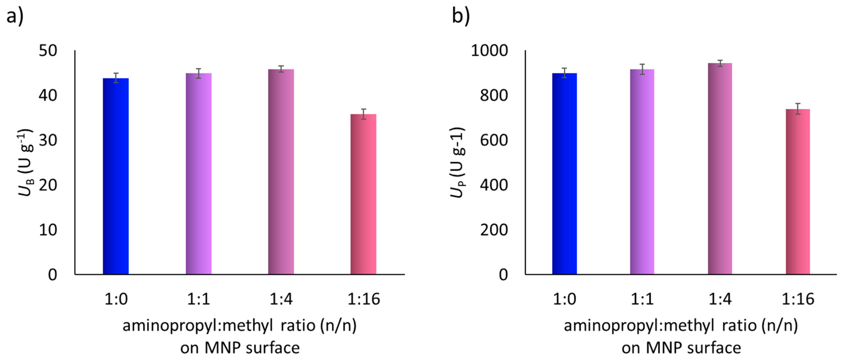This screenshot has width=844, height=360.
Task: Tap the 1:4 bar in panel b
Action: pos(720,168)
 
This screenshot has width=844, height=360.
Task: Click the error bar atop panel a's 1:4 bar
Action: pos(281,69)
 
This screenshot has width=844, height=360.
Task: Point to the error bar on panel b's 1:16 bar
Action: pos(798,109)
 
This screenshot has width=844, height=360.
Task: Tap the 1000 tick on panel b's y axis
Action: pos(489,51)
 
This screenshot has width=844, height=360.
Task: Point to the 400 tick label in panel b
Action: pos(494,185)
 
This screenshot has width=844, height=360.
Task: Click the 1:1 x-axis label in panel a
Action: pos(199,299)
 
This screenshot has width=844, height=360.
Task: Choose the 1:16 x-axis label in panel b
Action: pos(798,299)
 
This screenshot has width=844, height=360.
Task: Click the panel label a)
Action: pos(15,16)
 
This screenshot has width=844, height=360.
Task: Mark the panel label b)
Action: pos(461,16)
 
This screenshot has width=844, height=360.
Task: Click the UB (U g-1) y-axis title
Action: pos(26,162)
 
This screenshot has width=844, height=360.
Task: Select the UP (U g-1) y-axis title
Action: pos(457,162)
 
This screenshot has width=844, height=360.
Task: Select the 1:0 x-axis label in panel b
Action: pos(564,299)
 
